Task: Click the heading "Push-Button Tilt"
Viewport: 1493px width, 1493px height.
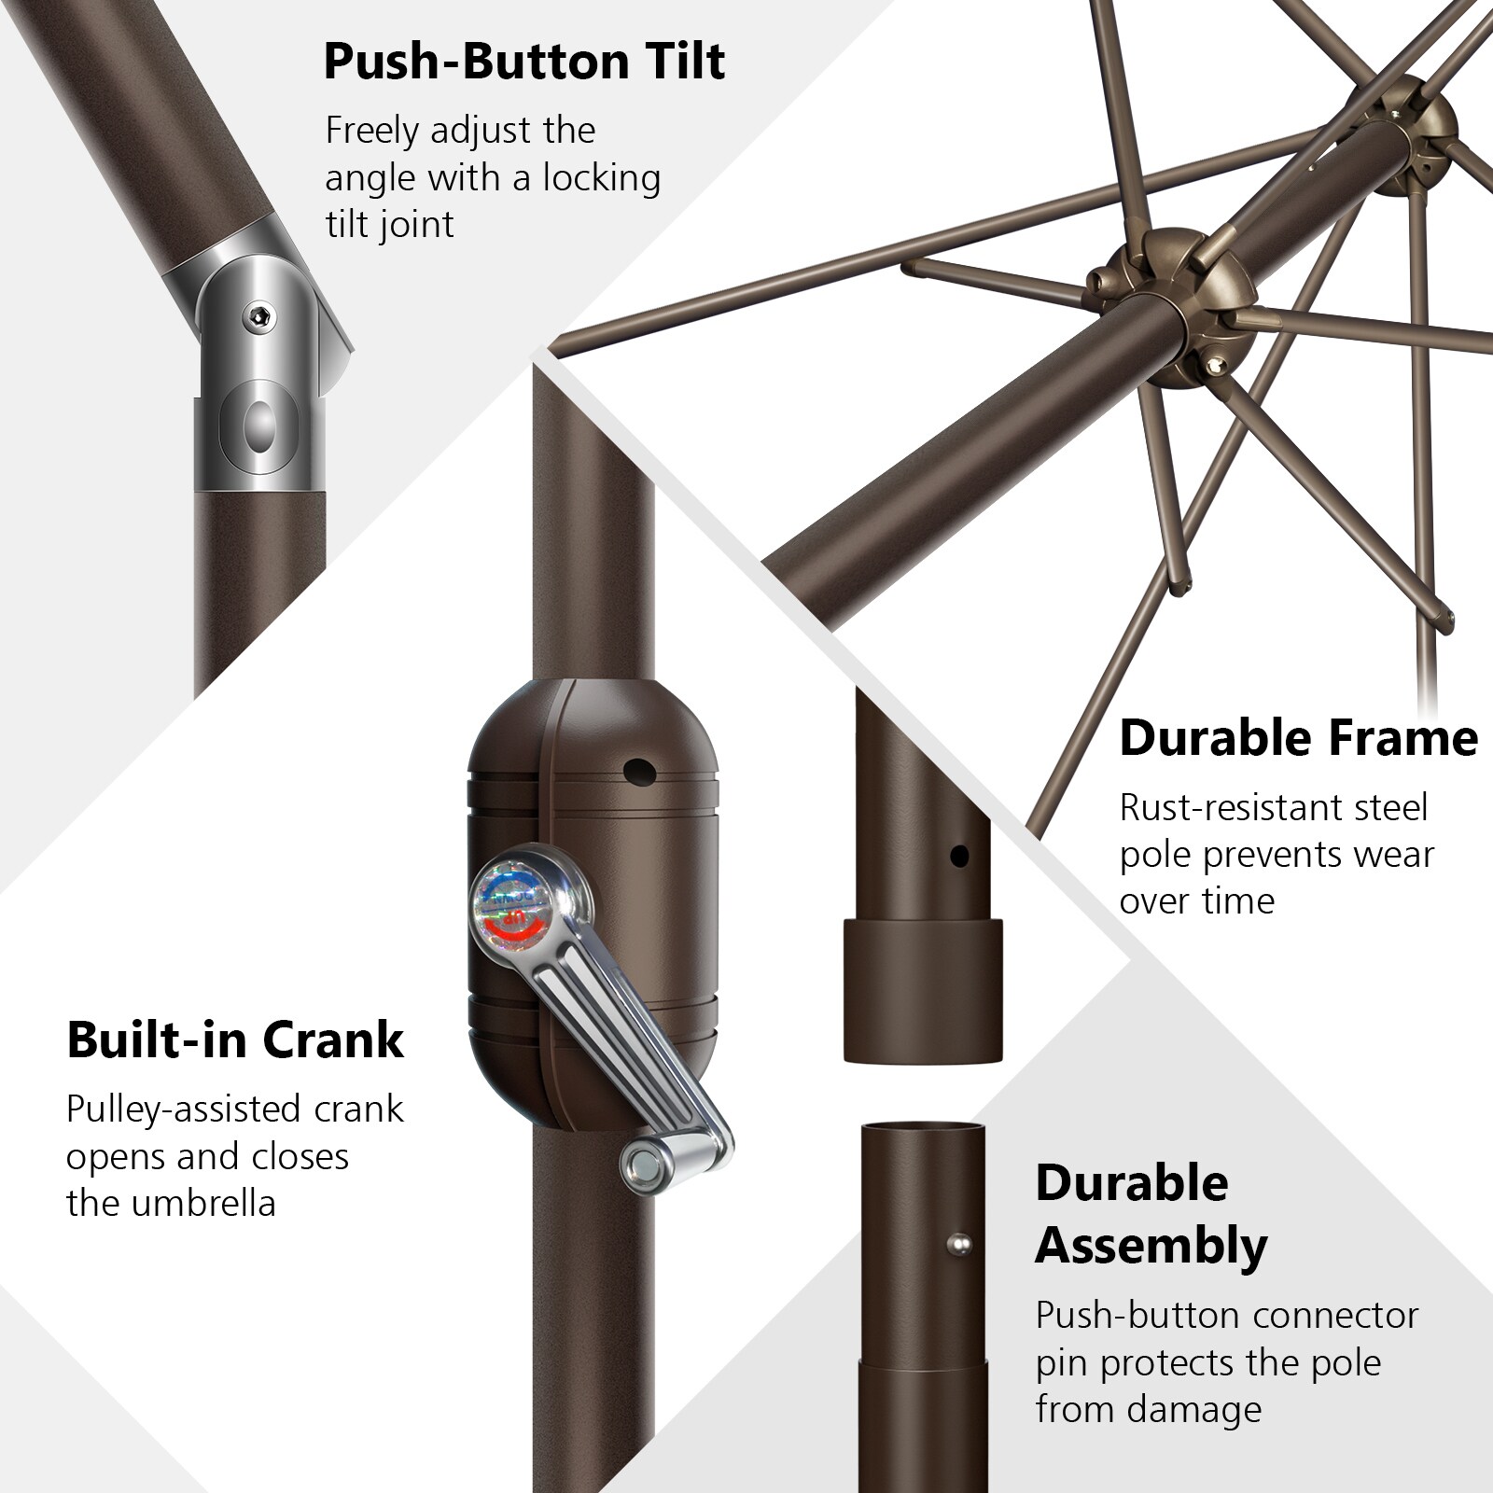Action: tap(523, 62)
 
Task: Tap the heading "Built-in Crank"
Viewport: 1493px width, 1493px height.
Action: tap(235, 1040)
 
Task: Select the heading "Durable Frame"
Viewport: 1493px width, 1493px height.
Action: tap(1298, 738)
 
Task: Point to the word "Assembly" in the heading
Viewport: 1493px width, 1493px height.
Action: tap(1151, 1247)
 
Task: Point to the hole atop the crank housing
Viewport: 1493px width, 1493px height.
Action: tap(639, 771)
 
